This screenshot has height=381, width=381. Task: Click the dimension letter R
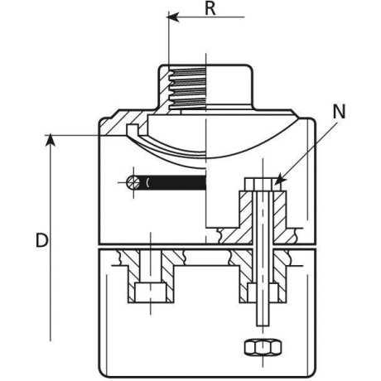click(210, 8)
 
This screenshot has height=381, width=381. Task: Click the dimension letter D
click(42, 240)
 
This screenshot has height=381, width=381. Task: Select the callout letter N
click(339, 112)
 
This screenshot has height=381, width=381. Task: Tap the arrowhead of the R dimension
click(172, 17)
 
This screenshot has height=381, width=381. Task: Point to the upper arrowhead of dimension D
click(50, 139)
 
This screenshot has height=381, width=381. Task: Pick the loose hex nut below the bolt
click(263, 347)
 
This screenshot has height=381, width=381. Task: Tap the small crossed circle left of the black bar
click(133, 182)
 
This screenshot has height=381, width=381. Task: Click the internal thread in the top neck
click(188, 89)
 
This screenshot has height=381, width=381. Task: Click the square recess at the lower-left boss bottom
click(151, 292)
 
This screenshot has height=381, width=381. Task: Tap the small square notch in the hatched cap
click(133, 129)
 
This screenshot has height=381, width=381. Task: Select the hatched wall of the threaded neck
click(165, 89)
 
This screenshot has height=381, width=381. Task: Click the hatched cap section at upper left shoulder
click(122, 123)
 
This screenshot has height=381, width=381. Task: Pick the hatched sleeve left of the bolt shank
click(246, 218)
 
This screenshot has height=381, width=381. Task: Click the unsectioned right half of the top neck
click(229, 86)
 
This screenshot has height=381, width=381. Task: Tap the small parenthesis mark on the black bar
click(148, 182)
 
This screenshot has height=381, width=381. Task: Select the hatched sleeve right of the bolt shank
click(280, 218)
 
